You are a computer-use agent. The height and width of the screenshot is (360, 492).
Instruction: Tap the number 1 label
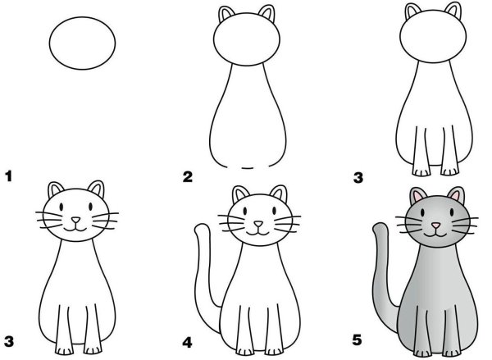pyautogui.click(x=9, y=175)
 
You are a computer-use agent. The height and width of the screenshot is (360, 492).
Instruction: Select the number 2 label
pyautogui.click(x=187, y=176)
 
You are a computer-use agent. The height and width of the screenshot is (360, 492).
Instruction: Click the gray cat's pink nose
pyautogui.click(x=435, y=225)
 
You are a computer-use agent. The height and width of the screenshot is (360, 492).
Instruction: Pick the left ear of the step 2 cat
pyautogui.click(x=226, y=15)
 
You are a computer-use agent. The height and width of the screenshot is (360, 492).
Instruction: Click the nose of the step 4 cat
pyautogui.click(x=257, y=223)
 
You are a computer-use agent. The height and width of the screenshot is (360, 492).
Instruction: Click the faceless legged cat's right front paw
pyautogui.click(x=449, y=171)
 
